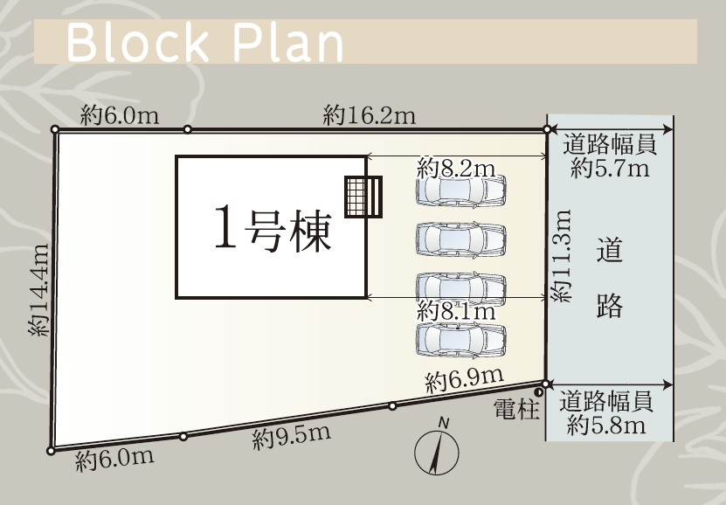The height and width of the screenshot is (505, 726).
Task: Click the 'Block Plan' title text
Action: pos(204,43)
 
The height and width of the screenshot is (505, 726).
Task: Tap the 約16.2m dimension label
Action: pos(369,115)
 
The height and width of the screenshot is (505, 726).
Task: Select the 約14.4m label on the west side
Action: pos(39,290)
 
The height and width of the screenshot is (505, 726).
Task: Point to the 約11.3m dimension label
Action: pos(562,256)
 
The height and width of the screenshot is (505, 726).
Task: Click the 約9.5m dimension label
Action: pos(292,437)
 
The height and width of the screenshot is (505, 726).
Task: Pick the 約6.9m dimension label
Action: pos(465,379)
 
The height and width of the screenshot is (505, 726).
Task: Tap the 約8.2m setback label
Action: pos(456,169)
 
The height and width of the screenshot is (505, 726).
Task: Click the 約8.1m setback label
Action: pos(456,310)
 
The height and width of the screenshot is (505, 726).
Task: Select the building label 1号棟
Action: pos(273,230)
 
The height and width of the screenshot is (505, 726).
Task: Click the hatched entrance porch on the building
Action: pos(363,197)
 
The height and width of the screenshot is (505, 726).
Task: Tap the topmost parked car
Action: pos(460,190)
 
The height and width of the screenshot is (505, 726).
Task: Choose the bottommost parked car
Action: pos(460,340)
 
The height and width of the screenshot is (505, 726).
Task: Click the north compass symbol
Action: pos(437,448)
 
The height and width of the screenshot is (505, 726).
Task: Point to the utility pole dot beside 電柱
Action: pos(538,392)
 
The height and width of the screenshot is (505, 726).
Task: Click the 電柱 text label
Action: pos(516,409)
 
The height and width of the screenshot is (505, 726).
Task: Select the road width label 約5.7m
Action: pos(610,168)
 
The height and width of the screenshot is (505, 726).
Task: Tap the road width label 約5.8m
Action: pos(606,425)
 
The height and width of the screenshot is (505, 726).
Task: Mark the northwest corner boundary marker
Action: pos(55,129)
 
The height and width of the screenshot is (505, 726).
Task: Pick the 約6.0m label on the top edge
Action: pos(120,115)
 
